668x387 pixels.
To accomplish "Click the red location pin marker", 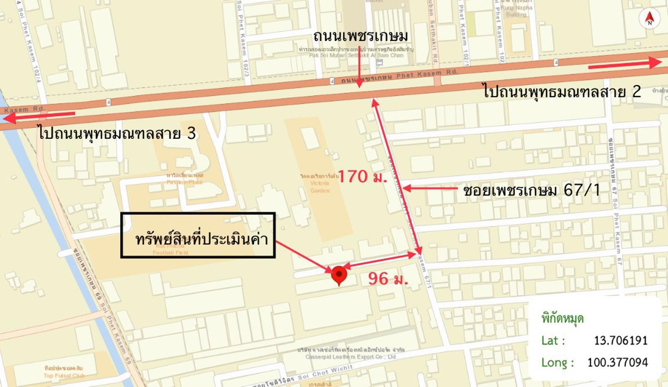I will (x=339, y=275).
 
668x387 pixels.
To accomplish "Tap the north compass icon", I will (x=650, y=18).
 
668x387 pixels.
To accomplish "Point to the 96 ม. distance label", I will (x=388, y=279).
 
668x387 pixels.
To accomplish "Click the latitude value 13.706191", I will (x=621, y=341).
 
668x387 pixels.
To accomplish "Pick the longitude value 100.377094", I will (x=617, y=363).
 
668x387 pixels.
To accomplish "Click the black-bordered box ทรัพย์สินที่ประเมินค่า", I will (x=198, y=235).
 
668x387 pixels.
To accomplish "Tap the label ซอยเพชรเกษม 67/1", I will (x=532, y=190).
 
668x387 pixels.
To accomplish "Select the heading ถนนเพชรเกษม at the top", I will (x=360, y=36).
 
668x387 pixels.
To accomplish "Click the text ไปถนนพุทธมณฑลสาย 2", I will (x=562, y=91).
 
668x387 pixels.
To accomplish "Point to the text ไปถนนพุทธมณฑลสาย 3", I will (x=117, y=134).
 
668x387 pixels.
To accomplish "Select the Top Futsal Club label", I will (x=64, y=372).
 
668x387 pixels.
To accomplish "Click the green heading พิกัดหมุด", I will (x=563, y=318).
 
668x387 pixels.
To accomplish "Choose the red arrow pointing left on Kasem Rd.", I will (x=39, y=117).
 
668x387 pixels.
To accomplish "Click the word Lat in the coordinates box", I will (x=553, y=341).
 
